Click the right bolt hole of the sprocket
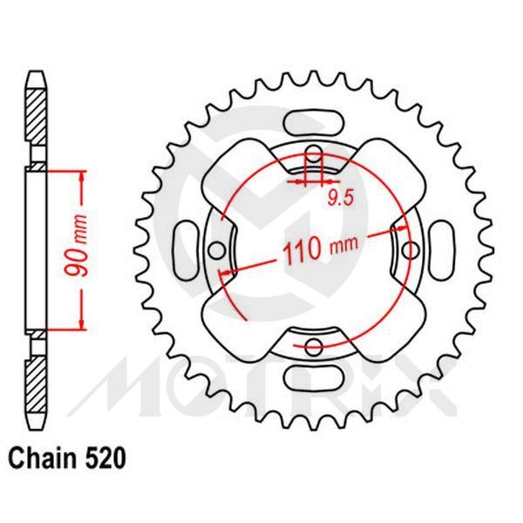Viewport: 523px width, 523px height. point(410,249)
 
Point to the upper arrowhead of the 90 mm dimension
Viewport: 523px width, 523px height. point(84,175)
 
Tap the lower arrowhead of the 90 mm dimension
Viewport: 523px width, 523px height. point(84,324)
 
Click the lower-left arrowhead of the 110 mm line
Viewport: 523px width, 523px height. point(228,273)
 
